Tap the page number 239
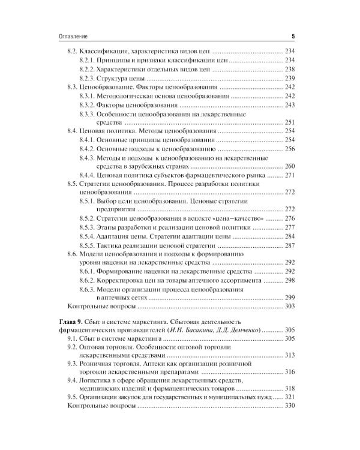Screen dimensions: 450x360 coord(290,79)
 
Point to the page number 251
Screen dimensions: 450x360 coord(290,122)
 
